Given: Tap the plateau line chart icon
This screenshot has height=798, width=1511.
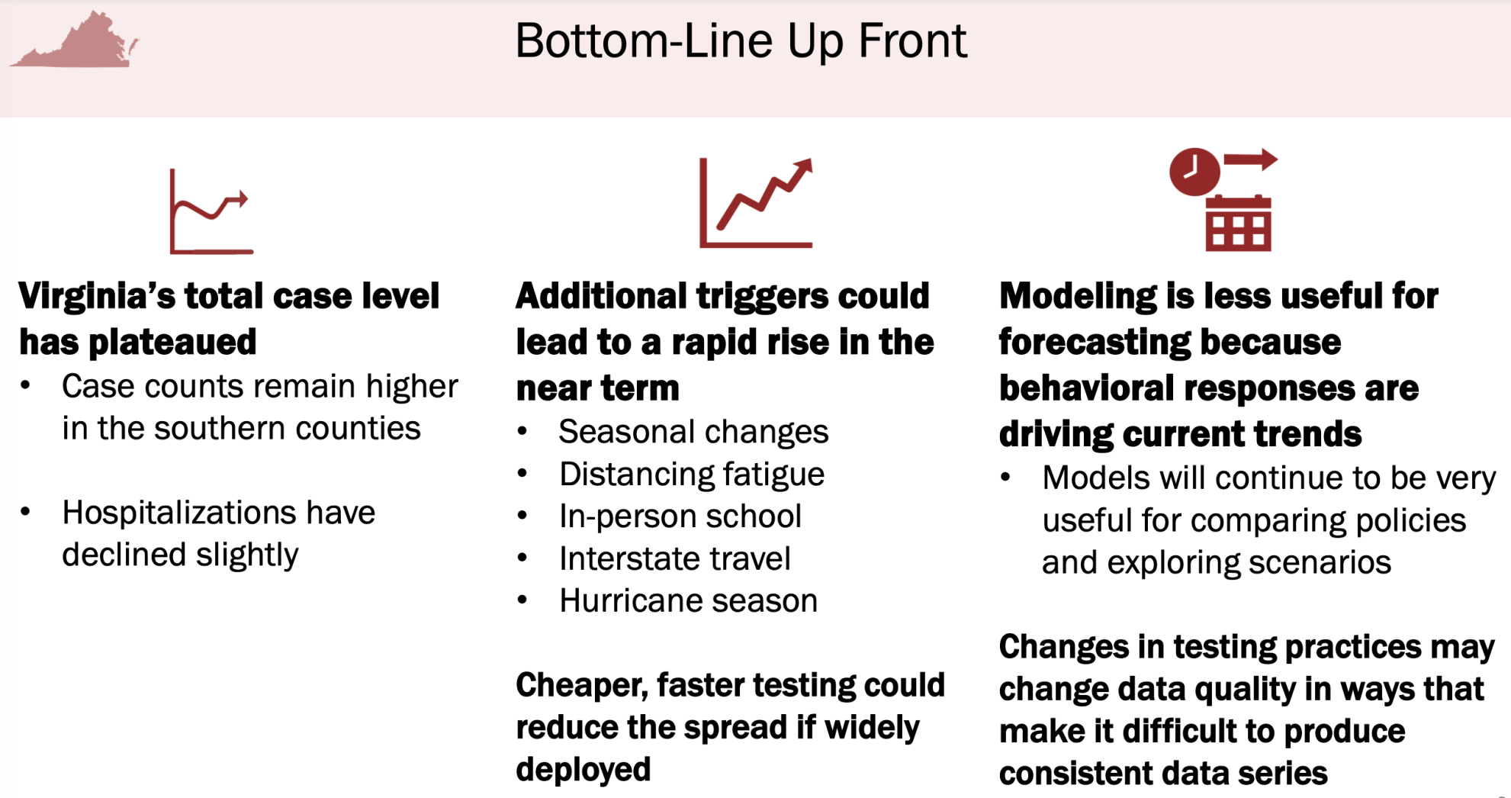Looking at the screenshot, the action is click(211, 211).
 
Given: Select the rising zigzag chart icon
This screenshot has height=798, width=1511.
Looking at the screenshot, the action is click(756, 202).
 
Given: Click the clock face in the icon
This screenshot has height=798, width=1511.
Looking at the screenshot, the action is click(1194, 172).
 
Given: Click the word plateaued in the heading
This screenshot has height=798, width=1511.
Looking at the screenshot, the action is click(173, 342).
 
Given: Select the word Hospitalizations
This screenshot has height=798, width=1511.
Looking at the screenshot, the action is click(218, 512).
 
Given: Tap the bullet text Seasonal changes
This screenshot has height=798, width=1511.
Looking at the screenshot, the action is click(693, 432).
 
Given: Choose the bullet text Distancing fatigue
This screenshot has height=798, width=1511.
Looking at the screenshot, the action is click(692, 474).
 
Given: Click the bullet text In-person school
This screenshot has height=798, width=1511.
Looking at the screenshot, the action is click(680, 516).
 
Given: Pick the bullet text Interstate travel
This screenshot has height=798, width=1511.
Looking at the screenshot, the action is click(675, 558).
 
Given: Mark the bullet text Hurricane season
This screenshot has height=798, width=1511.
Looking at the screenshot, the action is click(688, 600).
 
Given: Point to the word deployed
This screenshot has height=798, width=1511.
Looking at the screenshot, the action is click(584, 769).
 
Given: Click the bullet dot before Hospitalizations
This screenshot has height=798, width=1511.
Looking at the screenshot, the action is click(26, 512).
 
